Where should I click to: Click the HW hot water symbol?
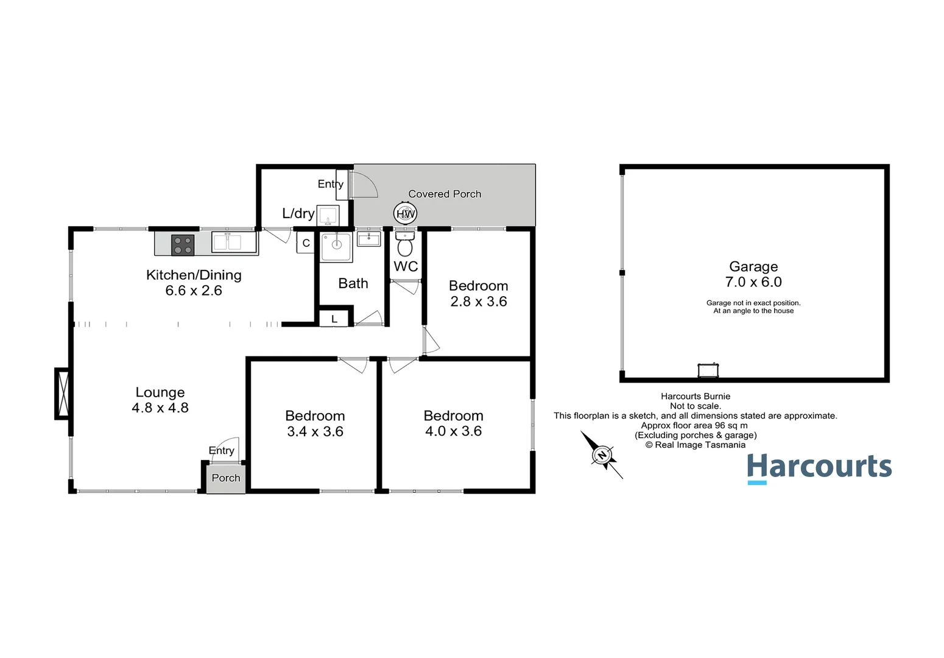pos(405,213)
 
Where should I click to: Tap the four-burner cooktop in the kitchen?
pos(183,245)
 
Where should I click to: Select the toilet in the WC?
pos(405,246)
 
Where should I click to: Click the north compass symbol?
pos(602,455)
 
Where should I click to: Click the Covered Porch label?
pos(445,194)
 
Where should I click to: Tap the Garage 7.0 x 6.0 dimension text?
pos(753,282)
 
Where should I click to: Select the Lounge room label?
pos(160,392)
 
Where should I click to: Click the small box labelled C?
pos(306,243)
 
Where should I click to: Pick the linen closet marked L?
pos(334,319)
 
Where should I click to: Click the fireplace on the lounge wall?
pos(63,394)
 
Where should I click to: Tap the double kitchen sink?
pos(234,242)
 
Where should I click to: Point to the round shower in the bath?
pos(336,246)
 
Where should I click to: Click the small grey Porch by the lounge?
pos(226,478)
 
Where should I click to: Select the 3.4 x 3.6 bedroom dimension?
pos(315,431)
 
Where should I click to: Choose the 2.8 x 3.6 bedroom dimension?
pos(479,302)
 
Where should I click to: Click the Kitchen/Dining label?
pos(194,275)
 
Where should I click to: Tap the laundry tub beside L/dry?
pos(328,216)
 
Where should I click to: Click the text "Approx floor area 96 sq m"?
pos(694,425)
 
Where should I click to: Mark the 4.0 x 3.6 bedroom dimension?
pos(454,431)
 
